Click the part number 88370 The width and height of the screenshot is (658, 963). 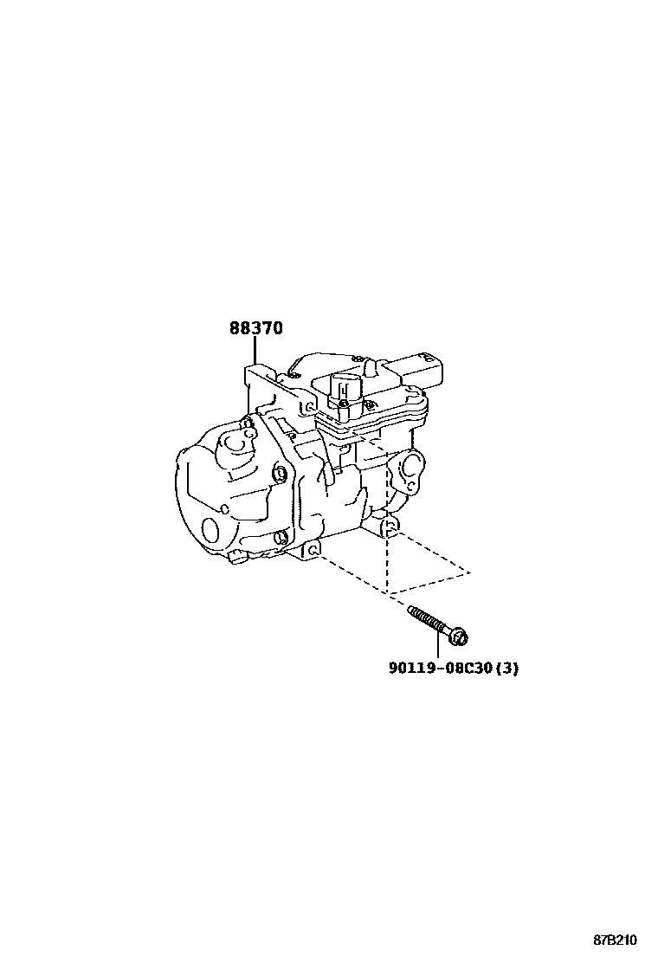tap(255, 329)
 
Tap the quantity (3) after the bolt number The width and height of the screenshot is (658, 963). tap(507, 668)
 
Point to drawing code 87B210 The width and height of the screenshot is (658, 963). tap(615, 940)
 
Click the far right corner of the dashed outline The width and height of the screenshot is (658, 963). tap(470, 572)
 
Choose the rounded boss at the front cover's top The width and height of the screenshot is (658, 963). tap(233, 441)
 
